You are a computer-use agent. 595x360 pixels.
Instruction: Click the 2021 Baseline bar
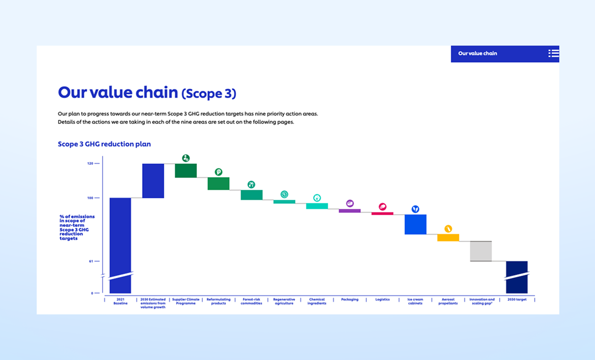(x=120, y=238)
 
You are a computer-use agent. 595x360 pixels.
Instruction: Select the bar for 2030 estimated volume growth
(x=153, y=180)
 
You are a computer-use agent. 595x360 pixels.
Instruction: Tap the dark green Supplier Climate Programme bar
(x=186, y=171)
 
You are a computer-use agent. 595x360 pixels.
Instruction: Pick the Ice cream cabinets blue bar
(x=416, y=224)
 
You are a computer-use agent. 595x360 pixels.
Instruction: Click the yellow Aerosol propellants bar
(x=448, y=238)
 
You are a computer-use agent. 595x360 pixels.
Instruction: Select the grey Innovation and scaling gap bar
(x=481, y=251)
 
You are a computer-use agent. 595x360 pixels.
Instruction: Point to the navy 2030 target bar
(x=517, y=277)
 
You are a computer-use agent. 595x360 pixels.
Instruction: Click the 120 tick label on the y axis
(x=90, y=163)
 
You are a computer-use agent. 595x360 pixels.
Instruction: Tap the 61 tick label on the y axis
(x=91, y=261)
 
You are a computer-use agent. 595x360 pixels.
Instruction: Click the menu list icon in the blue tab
(x=553, y=54)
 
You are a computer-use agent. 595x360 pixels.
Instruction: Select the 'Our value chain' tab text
(x=477, y=54)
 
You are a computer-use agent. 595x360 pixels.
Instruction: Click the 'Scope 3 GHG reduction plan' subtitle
(x=104, y=144)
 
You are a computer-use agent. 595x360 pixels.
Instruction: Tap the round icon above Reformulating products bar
(x=219, y=172)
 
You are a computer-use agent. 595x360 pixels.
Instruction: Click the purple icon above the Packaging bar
(x=350, y=203)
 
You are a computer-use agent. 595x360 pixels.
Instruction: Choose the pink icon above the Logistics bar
(x=382, y=207)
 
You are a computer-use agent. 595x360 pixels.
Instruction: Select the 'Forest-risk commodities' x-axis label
(x=251, y=301)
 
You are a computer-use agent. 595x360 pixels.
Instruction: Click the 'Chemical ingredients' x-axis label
(x=317, y=301)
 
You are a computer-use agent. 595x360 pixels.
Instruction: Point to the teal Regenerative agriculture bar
(x=284, y=202)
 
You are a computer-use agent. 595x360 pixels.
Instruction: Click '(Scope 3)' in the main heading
(x=209, y=93)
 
